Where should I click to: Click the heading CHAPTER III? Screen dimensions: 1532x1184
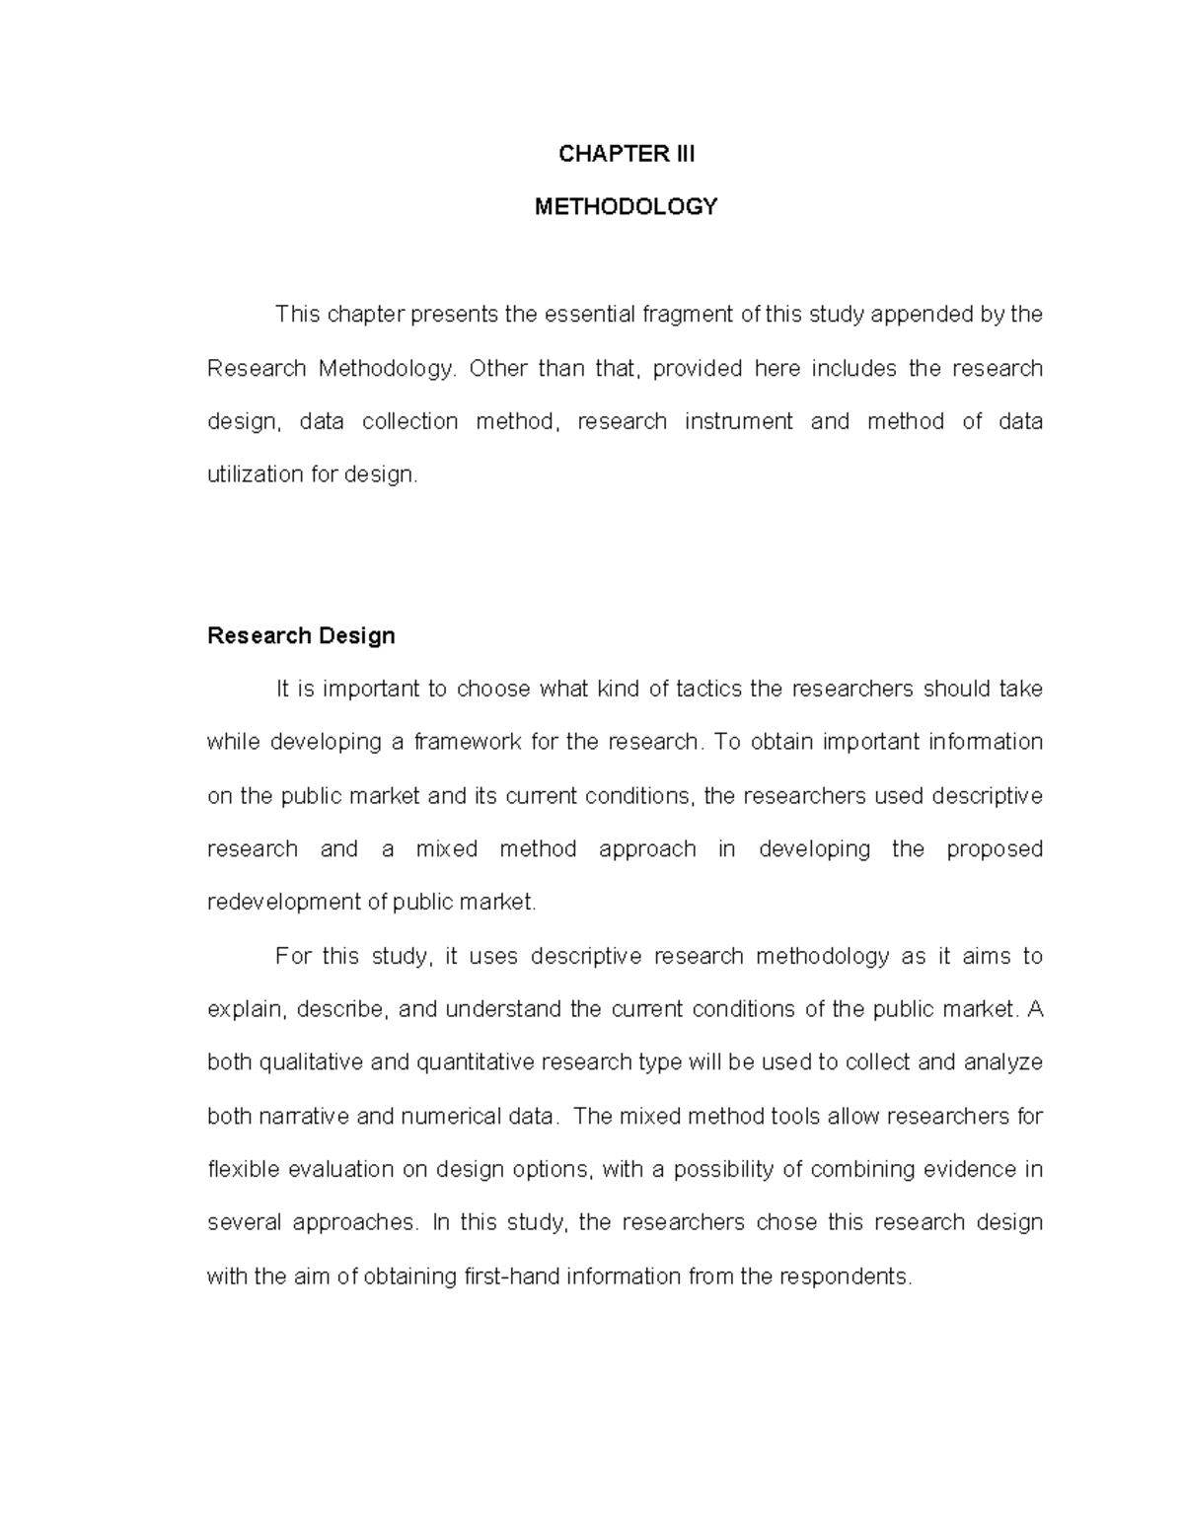626,154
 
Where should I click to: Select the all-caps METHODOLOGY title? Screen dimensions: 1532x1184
626,207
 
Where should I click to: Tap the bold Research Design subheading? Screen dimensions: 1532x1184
301,635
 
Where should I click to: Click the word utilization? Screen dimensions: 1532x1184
255,474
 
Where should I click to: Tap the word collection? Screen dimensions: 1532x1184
409,421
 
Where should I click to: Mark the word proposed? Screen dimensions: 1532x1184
994,848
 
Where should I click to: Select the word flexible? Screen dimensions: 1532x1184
243,1169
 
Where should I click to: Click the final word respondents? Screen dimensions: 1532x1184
846,1277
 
